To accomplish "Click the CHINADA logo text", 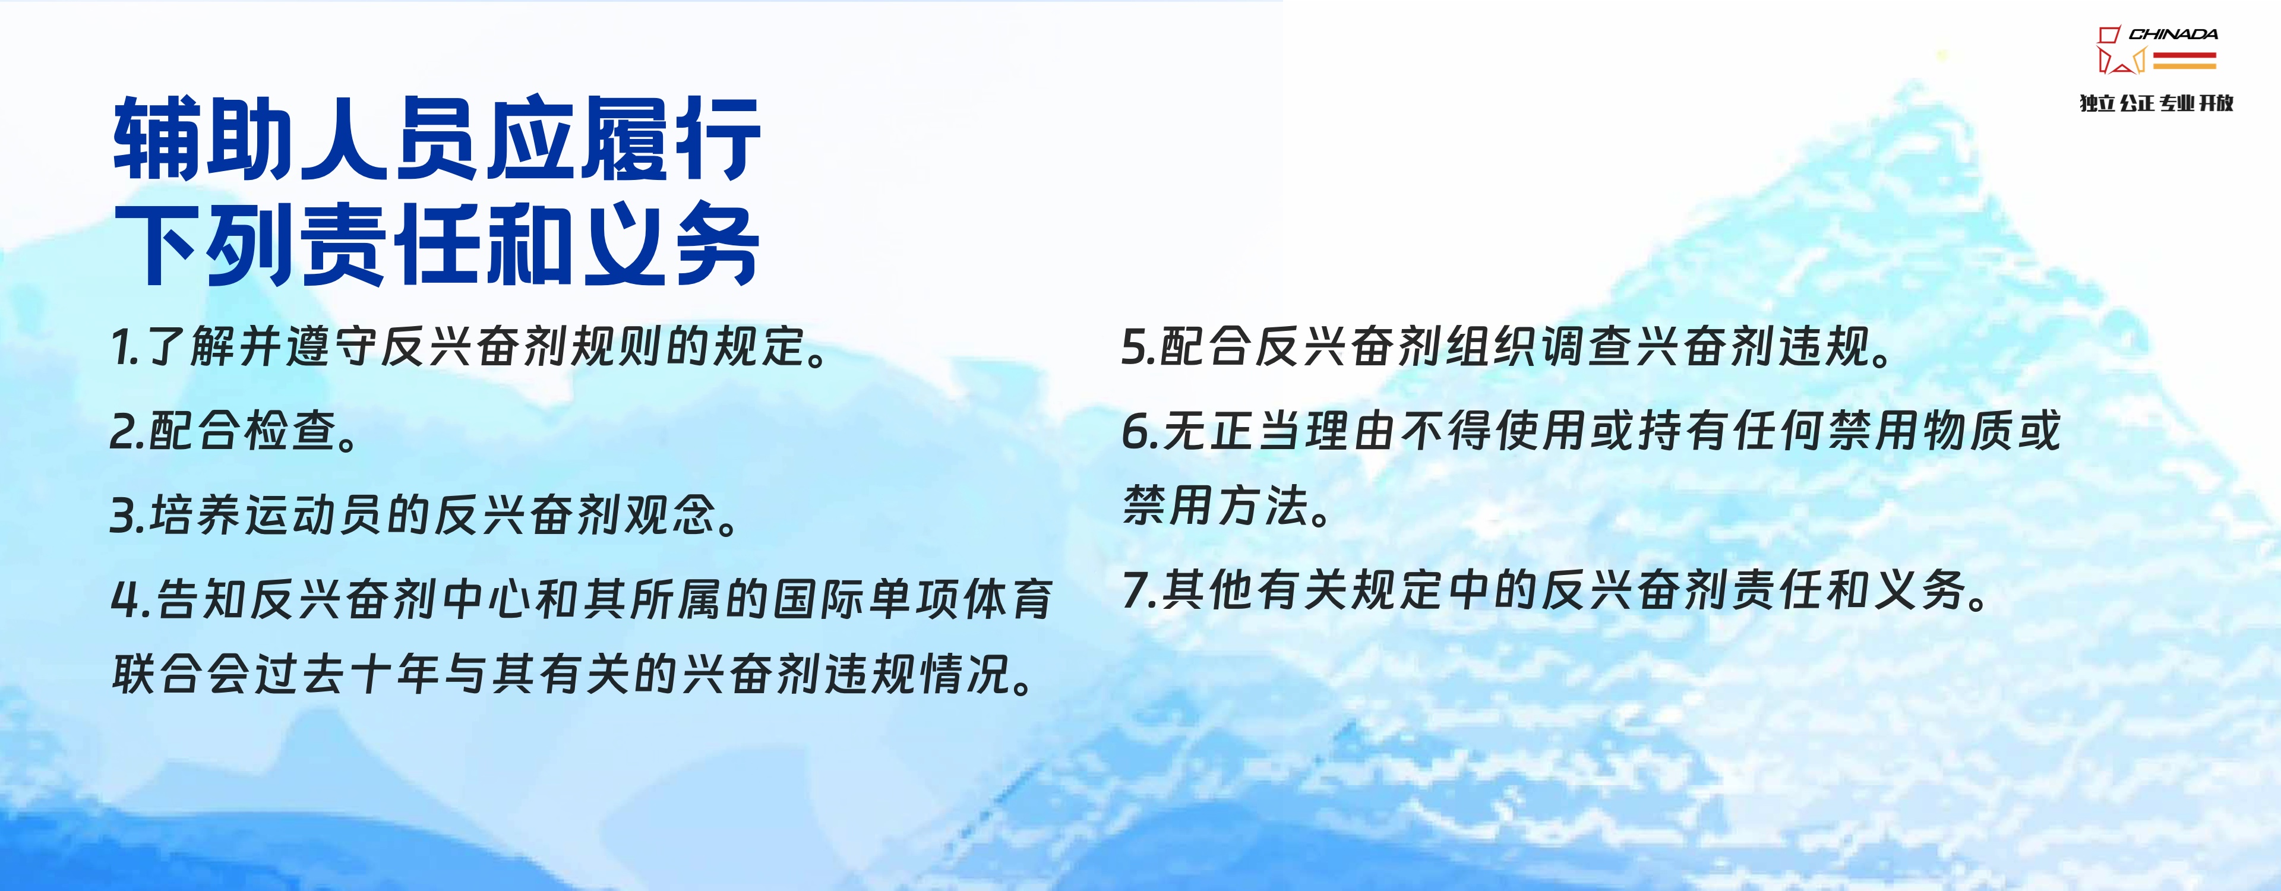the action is tap(2173, 34).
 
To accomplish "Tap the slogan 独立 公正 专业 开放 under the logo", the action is tap(2156, 103).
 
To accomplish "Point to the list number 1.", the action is tap(122, 346).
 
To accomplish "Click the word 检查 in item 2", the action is tap(289, 431).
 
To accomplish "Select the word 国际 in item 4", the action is tap(818, 599).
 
